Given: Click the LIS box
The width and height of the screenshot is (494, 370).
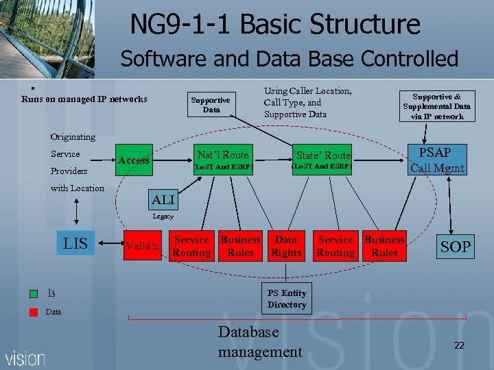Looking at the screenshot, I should pos(75,244).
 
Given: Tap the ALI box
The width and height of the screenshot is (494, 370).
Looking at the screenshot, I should pos(163,200).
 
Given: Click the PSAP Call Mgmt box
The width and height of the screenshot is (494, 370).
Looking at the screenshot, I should pos(437,160).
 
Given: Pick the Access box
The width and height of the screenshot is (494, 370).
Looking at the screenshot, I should pos(134,160).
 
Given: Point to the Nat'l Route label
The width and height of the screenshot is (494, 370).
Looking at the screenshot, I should pos(223,155).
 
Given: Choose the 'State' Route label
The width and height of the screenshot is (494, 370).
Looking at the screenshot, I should pos(322,156).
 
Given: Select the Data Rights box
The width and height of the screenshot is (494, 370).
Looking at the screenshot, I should pos(286,246).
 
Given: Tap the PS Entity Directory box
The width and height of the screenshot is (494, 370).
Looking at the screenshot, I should pos(287,299).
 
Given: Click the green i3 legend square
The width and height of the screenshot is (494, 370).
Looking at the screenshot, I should pos(34,294).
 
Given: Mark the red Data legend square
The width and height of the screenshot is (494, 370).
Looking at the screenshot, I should pos(34,312).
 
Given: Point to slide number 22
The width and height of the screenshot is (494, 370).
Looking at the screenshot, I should pos(459,345).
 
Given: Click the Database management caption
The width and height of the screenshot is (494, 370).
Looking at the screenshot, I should pos(259,342).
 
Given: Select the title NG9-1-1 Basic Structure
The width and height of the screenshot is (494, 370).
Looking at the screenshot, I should pos(274,25).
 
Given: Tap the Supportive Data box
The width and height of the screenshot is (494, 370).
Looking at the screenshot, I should pos(211,105).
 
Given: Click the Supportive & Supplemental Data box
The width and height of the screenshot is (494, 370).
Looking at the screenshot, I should pos(437,106).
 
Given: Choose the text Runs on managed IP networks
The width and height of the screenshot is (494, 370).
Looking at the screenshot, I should pos(84,99).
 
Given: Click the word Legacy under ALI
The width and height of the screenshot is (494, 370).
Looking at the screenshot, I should pos(163,217).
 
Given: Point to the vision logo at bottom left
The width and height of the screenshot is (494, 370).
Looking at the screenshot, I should pos(25,358).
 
